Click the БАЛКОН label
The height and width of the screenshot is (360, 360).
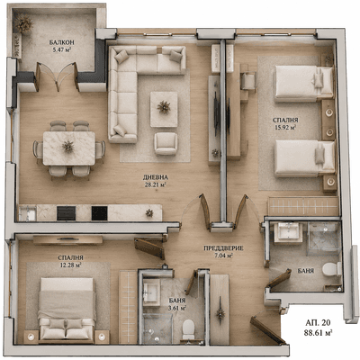(62, 42)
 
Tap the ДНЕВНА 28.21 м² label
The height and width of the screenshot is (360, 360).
(156, 181)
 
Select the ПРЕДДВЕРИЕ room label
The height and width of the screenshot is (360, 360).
(223, 248)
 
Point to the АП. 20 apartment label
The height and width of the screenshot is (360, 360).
(318, 322)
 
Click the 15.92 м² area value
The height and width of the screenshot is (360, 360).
(285, 127)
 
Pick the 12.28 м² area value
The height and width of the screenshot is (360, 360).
(70, 265)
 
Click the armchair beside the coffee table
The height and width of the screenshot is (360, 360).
(166, 143)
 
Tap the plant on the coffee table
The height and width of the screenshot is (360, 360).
(164, 107)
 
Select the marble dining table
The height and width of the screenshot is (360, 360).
(69, 148)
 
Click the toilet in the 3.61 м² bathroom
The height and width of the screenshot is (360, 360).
(189, 328)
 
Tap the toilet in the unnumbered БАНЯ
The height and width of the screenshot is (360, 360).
(331, 269)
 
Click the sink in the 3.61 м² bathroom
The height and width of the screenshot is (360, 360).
(151, 292)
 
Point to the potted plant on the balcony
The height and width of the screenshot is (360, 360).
(23, 23)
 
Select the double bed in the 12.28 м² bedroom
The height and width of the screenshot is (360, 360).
(67, 309)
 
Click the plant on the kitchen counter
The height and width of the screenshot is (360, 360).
(149, 212)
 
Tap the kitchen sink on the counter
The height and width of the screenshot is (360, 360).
(28, 213)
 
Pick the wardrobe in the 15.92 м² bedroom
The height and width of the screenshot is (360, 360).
(303, 206)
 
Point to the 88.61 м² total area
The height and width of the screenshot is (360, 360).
(318, 332)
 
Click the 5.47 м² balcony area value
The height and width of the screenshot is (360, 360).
(62, 49)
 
